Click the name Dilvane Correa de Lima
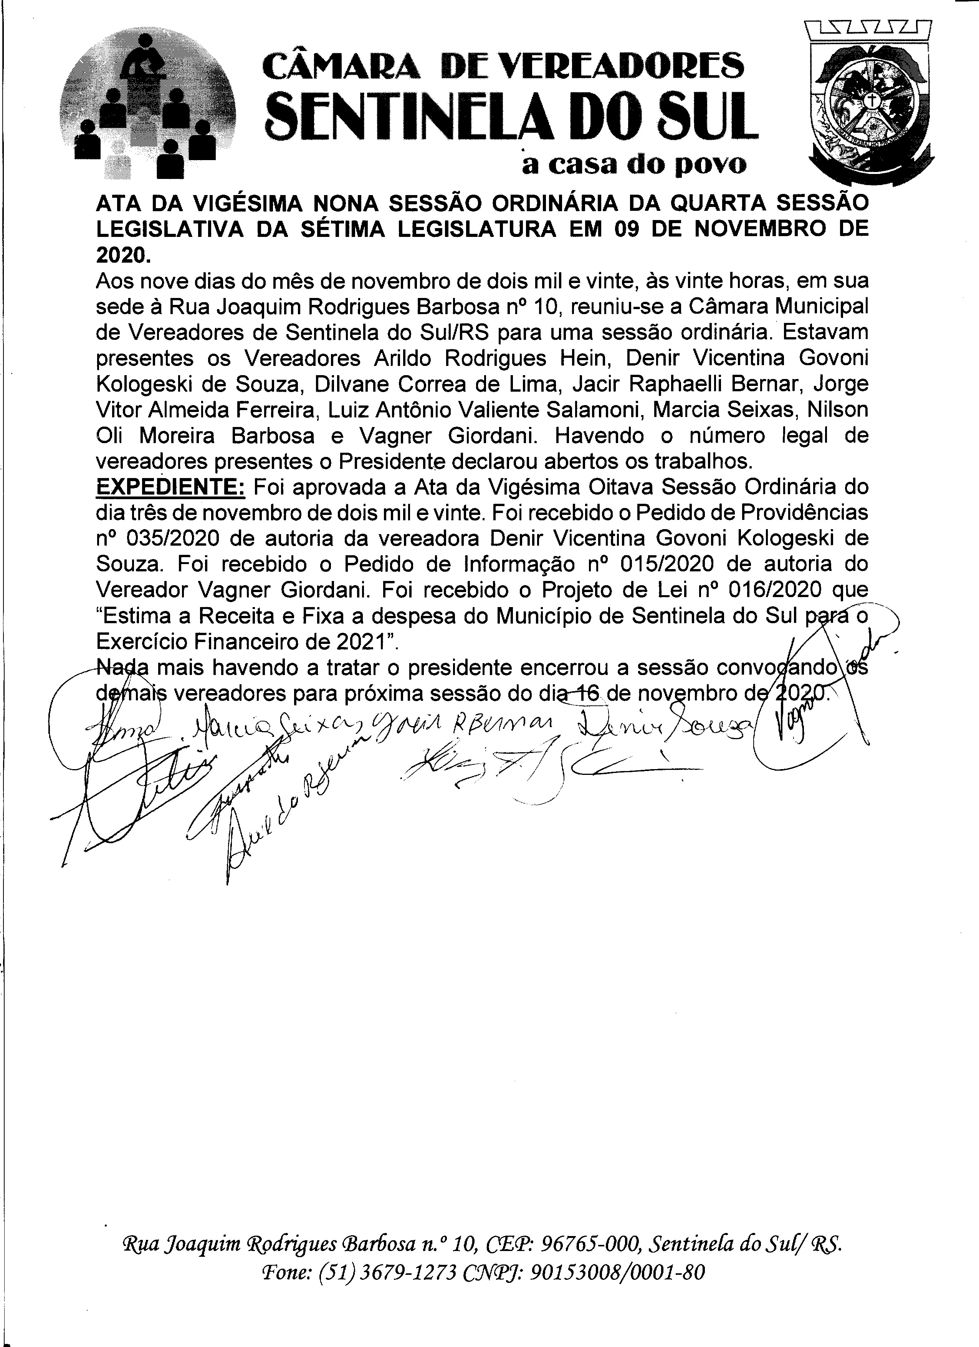(x=438, y=384)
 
